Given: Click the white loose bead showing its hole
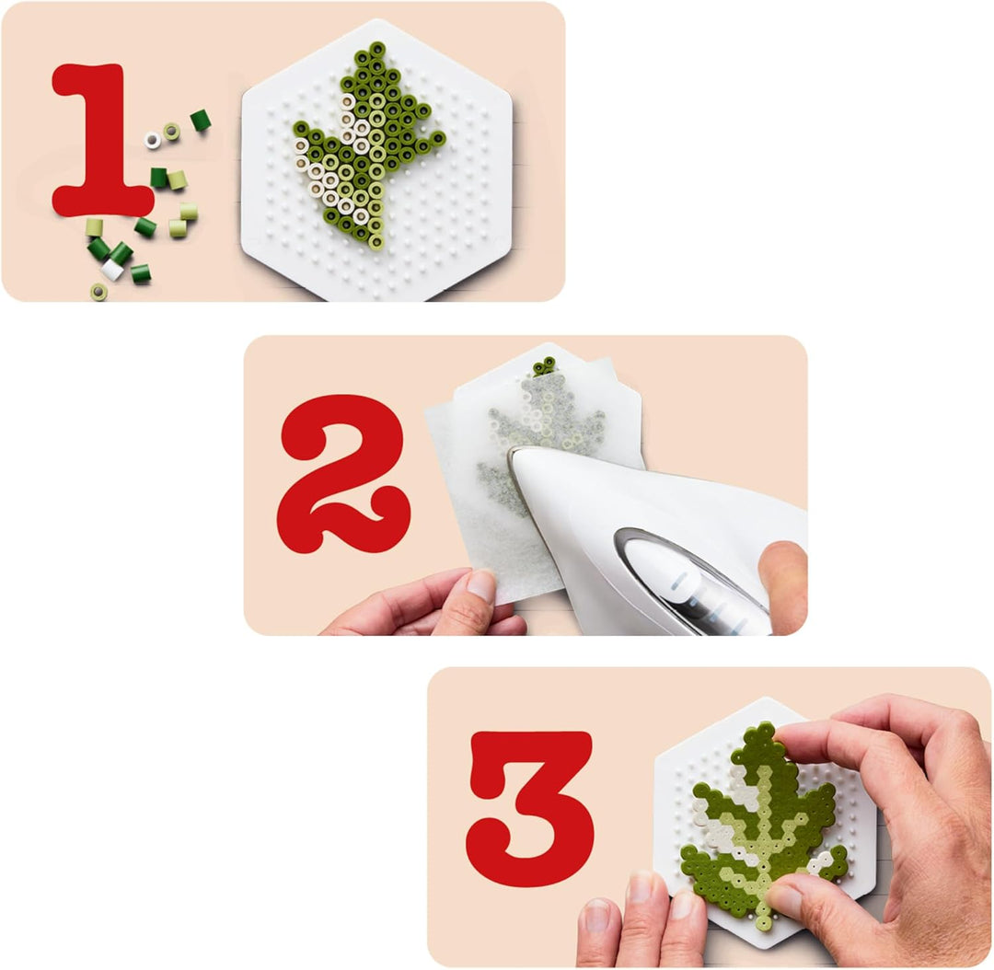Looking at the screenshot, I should (x=153, y=140).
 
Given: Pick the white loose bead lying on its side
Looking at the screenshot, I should (x=112, y=270).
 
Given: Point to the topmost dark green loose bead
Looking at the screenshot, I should (x=200, y=120).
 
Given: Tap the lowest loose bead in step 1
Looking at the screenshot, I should (x=98, y=292).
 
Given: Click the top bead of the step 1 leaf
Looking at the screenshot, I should (x=376, y=49).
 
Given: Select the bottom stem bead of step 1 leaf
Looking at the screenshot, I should (x=376, y=243).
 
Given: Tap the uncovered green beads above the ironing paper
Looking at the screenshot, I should (x=546, y=366).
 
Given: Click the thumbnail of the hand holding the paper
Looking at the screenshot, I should (x=480, y=585).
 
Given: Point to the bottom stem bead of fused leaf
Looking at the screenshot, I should (x=763, y=921).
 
